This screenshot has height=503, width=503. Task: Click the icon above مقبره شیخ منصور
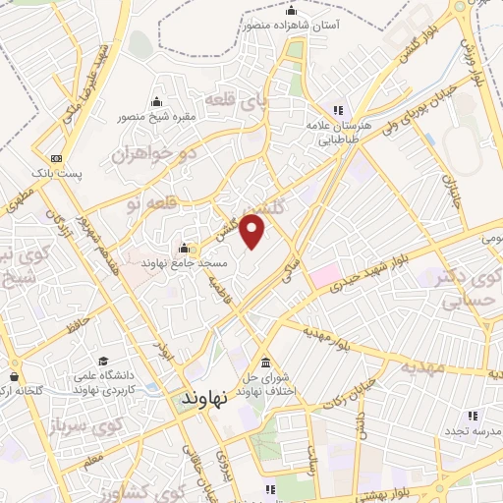click(x=156, y=102)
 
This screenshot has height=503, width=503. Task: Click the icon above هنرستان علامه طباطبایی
click(x=337, y=110)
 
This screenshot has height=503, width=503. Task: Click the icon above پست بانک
click(x=56, y=157)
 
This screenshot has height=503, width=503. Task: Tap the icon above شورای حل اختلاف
click(x=266, y=359)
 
